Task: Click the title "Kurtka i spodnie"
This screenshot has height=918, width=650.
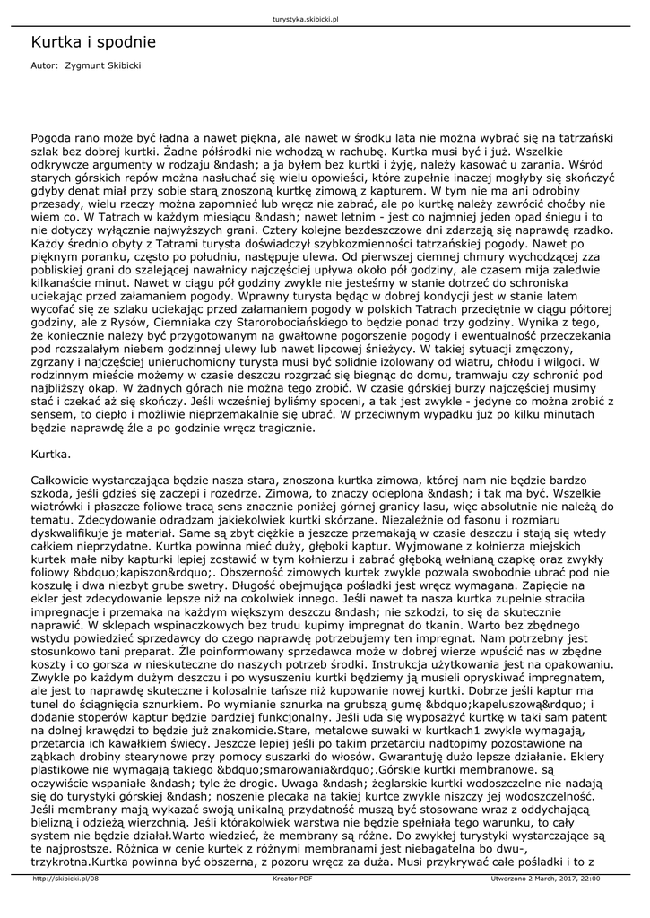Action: pos(93,41)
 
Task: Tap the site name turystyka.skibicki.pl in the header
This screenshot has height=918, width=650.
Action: pos(310,18)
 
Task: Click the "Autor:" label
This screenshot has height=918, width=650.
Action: pos(44,65)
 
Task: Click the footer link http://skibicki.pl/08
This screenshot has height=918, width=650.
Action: pos(65,879)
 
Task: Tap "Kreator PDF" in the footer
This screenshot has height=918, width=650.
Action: pos(292,879)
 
